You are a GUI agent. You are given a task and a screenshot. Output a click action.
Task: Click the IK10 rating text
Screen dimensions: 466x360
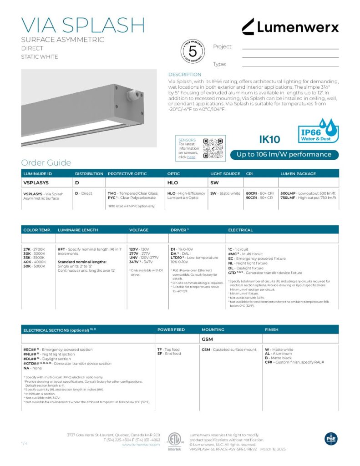(269, 139)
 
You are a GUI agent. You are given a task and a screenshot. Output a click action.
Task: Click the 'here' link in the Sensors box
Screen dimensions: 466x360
(192, 157)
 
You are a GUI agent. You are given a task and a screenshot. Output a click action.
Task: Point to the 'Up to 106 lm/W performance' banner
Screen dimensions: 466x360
(284, 155)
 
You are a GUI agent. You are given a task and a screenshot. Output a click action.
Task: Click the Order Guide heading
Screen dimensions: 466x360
(46, 163)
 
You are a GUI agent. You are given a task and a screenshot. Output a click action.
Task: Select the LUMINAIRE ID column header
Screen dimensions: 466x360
(38, 174)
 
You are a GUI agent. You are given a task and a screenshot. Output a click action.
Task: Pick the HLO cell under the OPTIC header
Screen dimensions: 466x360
(173, 182)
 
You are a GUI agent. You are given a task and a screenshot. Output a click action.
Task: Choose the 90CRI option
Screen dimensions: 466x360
(253, 198)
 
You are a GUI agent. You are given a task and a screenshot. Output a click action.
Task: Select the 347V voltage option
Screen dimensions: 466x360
(134, 262)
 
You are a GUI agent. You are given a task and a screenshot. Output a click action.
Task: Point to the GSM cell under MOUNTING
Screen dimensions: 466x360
(208, 339)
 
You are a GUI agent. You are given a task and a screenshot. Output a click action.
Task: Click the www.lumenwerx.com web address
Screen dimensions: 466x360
(141, 445)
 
